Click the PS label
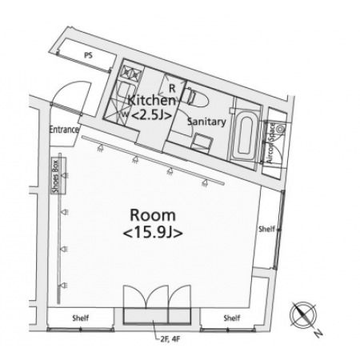(x=88, y=55)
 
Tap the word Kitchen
(x=152, y=101)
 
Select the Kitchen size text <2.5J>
(x=151, y=115)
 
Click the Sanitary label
(x=206, y=122)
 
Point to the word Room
(x=153, y=215)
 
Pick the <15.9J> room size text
(x=153, y=233)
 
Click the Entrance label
(x=64, y=130)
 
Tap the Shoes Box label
(x=56, y=176)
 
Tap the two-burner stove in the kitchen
(x=131, y=73)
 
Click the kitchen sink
(x=126, y=90)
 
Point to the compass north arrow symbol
(x=304, y=315)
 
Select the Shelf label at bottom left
(x=81, y=318)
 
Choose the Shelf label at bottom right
(x=232, y=318)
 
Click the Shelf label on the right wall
(x=266, y=229)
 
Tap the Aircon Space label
(x=270, y=143)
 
